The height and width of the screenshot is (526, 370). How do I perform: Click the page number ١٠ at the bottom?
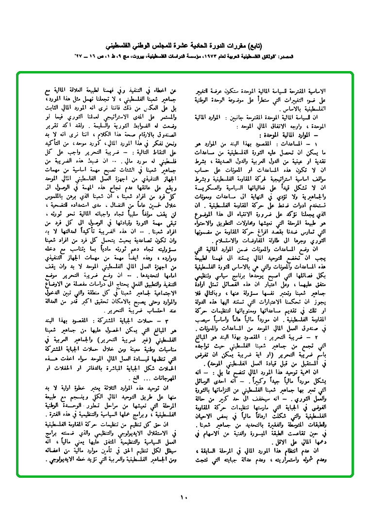click(184, 497)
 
